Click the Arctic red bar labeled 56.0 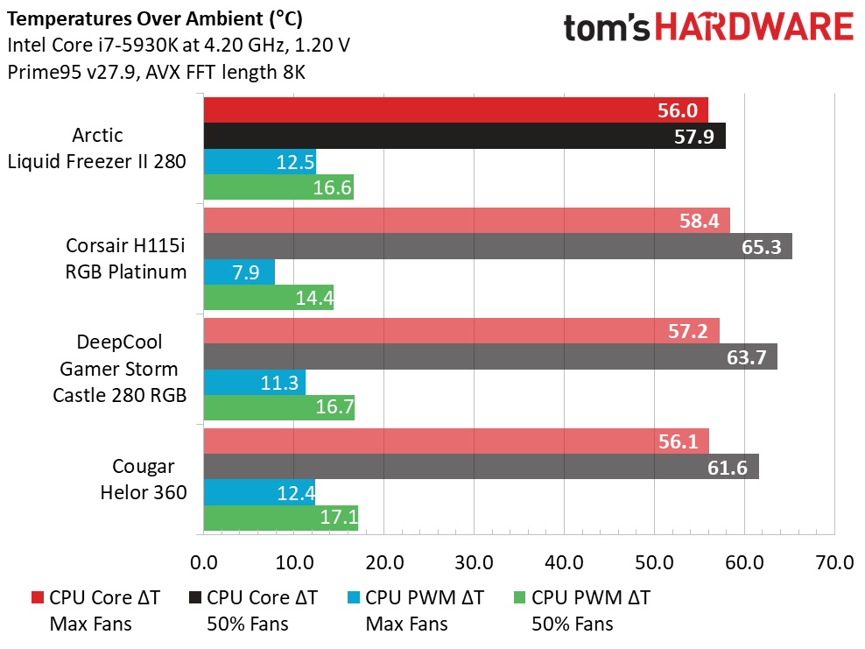(455, 109)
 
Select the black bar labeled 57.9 (464, 136)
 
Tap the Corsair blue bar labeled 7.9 (239, 272)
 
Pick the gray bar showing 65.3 (497, 246)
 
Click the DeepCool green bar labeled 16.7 (278, 407)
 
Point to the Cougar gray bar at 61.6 (481, 466)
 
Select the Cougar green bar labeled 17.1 (280, 518)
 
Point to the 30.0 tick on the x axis (474, 562)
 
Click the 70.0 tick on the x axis (833, 562)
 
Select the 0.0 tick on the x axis (204, 562)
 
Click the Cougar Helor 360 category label (143, 479)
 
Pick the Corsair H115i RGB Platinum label (126, 258)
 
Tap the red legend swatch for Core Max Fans (37, 598)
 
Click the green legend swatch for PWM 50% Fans (519, 598)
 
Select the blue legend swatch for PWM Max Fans (354, 598)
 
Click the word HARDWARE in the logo (756, 27)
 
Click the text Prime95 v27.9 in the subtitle (66, 72)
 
